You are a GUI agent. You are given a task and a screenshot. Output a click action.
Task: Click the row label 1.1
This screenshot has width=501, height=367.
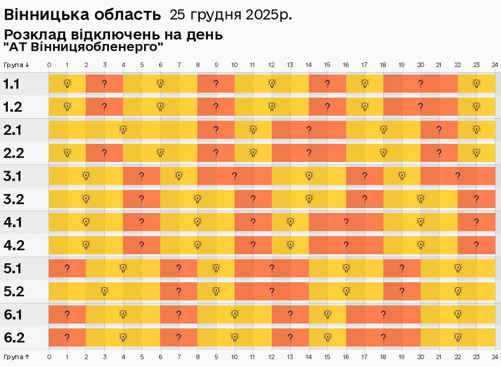[12, 84]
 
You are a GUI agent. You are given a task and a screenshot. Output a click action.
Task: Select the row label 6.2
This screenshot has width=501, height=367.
[13, 337]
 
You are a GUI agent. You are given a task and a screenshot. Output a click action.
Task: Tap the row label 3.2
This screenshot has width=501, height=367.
[13, 199]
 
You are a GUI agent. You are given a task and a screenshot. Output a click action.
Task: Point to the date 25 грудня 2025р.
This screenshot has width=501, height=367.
[230, 15]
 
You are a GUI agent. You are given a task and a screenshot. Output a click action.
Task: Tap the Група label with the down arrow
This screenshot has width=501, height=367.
[16, 65]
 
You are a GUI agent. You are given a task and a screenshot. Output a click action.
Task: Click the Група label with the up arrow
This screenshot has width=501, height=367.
[16, 356]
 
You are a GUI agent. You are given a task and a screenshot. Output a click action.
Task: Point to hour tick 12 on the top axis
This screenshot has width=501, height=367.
[271, 65]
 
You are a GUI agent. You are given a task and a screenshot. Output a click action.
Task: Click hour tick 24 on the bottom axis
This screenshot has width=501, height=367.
[495, 356]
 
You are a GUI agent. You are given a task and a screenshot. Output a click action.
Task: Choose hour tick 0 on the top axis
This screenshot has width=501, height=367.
[49, 65]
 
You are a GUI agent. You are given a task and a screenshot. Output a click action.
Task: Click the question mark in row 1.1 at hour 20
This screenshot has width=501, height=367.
[421, 84]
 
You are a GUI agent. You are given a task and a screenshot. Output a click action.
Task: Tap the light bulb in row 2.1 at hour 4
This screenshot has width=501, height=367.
[123, 130]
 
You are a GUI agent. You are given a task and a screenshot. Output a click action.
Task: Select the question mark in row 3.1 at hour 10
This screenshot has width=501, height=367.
[235, 176]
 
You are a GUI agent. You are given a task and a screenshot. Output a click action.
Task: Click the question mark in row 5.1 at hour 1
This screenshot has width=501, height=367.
[67, 268]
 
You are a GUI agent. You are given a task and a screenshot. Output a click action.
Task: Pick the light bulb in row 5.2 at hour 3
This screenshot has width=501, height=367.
[104, 291]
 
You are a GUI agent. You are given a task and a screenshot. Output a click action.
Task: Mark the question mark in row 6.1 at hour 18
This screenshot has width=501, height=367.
[383, 315]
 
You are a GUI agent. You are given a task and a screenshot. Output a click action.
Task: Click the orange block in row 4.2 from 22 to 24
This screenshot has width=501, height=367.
[476, 245]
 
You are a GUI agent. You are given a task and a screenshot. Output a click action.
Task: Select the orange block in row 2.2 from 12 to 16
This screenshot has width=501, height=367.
[309, 153]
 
